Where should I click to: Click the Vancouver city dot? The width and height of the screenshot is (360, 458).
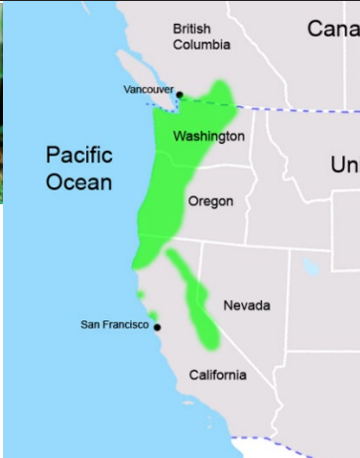pos(180,94)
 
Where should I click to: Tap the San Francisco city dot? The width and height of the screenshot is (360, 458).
pos(157,326)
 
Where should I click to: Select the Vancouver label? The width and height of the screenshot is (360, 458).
pos(148,89)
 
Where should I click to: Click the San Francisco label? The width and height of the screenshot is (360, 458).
pos(114,324)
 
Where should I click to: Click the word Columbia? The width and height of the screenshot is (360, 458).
pos(201,45)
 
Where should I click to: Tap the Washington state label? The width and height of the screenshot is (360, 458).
pos(208,136)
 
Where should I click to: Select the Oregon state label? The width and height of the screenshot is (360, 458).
pos(210,201)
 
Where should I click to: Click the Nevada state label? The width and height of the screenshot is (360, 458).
pos(246,305)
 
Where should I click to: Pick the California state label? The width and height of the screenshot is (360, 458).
pos(217,375)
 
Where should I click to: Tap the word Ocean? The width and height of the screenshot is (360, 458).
pos(78,182)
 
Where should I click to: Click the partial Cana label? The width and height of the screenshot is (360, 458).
pos(333,29)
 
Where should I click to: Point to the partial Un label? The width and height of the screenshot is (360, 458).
pos(345,165)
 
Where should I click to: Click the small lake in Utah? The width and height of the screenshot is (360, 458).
pos(311,266)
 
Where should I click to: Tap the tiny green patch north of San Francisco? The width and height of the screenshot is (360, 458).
pos(141,294)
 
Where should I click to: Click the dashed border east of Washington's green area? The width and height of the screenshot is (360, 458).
pos(298,109)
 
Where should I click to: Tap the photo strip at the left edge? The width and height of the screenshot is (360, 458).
pos(2,99)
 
